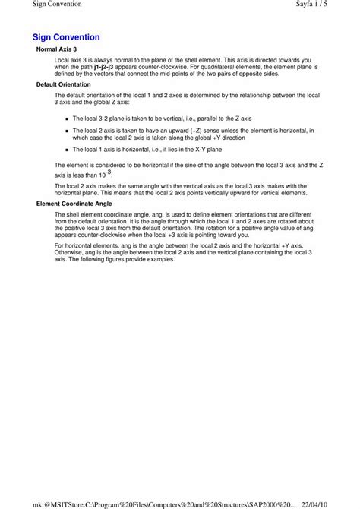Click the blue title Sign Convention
tap(66, 36)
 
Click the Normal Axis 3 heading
tap(57, 49)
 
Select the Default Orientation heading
tap(64, 84)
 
